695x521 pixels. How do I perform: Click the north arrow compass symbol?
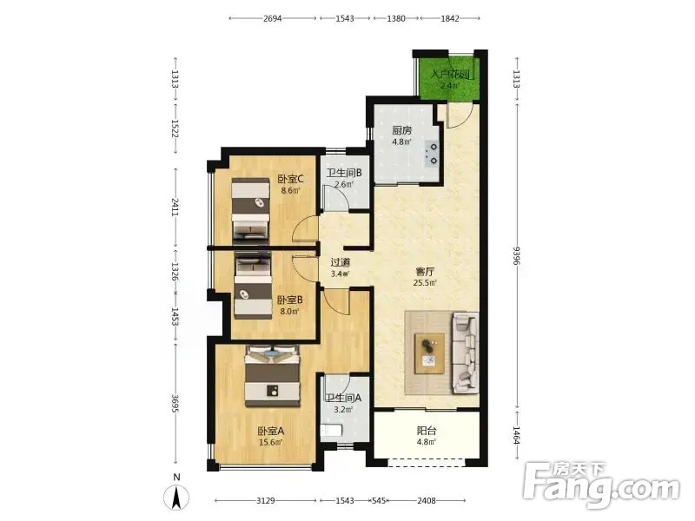[x=176, y=497]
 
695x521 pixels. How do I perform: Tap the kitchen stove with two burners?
[x=432, y=154]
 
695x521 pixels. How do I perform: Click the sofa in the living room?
[x=465, y=353]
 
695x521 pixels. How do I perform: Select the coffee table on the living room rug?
[x=429, y=353]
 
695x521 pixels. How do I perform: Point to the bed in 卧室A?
[x=272, y=376]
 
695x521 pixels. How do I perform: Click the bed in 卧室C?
[x=250, y=209]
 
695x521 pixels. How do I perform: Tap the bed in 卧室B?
[x=253, y=285]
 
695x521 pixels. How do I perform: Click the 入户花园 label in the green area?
[x=450, y=74]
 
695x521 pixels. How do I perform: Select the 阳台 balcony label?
[x=427, y=430]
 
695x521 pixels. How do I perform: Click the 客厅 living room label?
[x=425, y=271]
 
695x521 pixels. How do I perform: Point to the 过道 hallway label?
[x=340, y=263]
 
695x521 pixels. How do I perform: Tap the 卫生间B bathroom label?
[x=344, y=173]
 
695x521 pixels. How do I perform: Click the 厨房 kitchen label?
[x=401, y=130]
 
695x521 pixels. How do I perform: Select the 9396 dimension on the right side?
[x=516, y=255]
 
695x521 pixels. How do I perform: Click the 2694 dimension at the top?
[x=272, y=18]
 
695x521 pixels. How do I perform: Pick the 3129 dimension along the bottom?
[x=266, y=501]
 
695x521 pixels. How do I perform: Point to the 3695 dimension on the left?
[x=175, y=404]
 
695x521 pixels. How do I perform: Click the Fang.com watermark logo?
[x=601, y=485]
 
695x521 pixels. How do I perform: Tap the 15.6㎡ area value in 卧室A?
[x=271, y=442]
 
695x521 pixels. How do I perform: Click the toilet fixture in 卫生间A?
[x=332, y=430]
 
